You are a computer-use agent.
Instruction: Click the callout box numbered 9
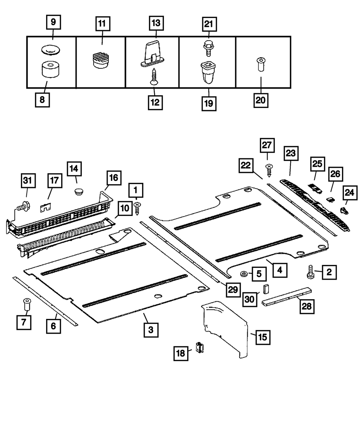coord(53,22)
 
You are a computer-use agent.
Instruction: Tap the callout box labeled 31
coord(28,181)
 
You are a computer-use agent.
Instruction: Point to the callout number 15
coord(262,337)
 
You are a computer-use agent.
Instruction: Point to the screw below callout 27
coord(268,169)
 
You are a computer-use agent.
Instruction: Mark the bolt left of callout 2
coord(310,272)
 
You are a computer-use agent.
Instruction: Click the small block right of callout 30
coord(266,289)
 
